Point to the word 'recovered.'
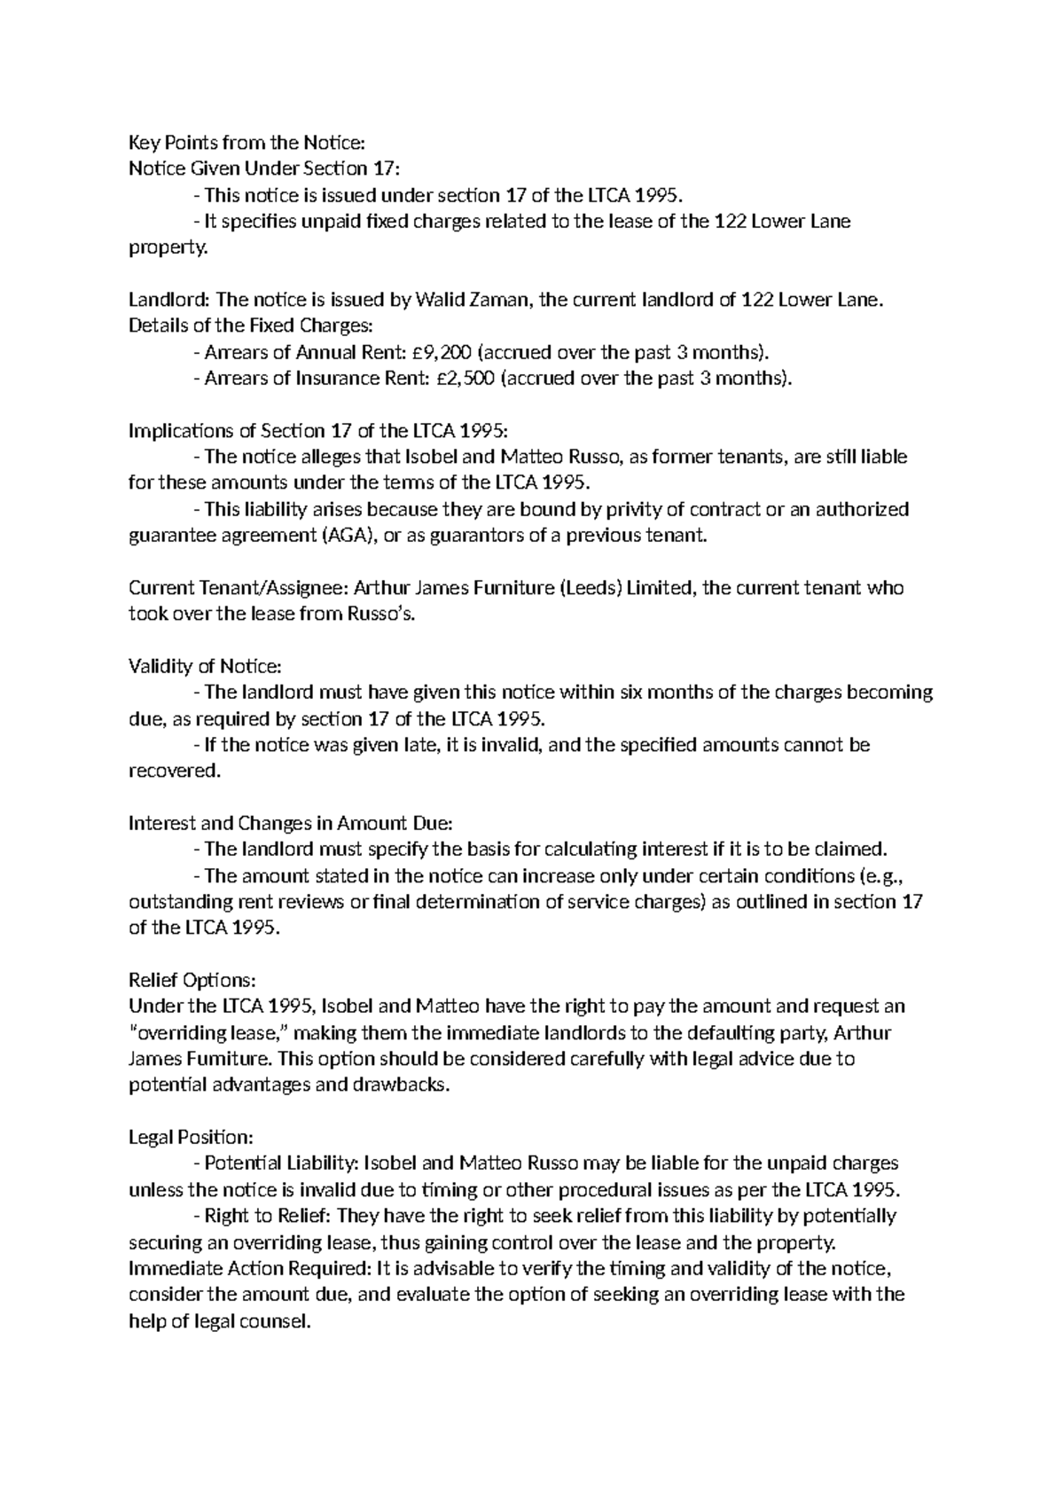pos(174,771)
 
